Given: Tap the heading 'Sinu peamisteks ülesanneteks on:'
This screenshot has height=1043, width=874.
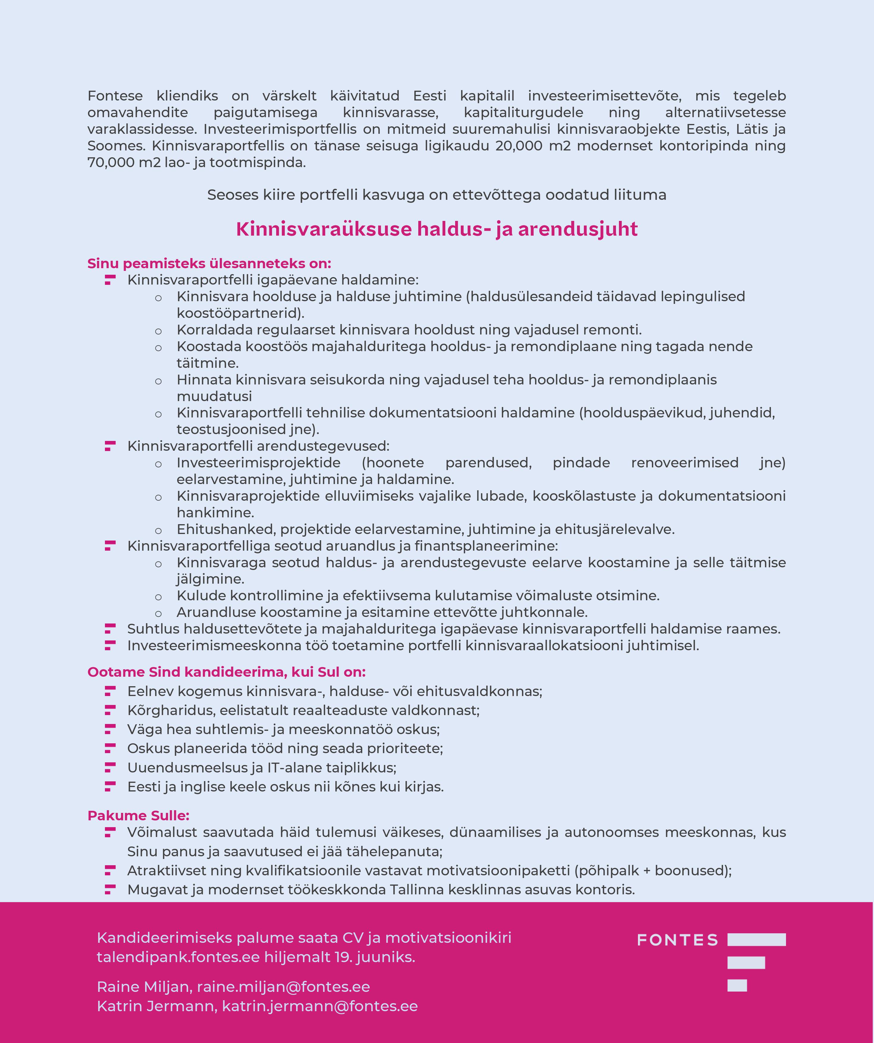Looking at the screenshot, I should pos(209,263).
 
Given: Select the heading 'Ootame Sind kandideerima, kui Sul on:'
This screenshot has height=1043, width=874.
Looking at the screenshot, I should pos(227,672).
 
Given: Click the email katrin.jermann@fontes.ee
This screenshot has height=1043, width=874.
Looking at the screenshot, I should pos(320,1006).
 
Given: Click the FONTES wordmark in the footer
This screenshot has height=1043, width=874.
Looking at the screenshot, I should pos(677,940).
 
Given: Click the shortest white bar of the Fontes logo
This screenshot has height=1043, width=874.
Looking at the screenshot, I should pos(737,985).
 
